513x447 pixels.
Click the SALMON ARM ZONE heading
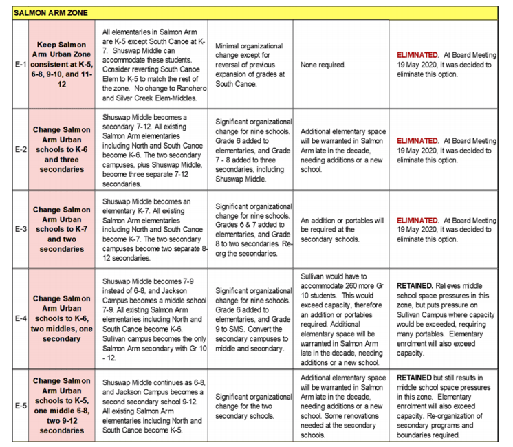click(x=48, y=12)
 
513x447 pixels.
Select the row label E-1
click(x=21, y=65)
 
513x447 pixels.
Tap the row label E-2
click(x=21, y=150)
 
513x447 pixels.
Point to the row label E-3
click(x=21, y=230)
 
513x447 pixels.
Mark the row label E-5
click(x=21, y=406)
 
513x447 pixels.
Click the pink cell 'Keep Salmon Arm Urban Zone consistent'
click(x=63, y=65)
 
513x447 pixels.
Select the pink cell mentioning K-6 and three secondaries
click(x=63, y=150)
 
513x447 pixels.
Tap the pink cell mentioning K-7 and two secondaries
click(x=63, y=230)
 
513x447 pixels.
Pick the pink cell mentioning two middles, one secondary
click(x=63, y=318)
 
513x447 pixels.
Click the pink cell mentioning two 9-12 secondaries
click(x=63, y=406)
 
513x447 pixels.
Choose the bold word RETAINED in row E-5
click(x=415, y=378)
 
